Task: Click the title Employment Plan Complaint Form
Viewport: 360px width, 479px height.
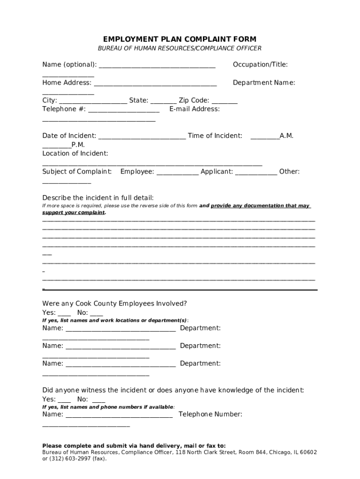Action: [x=180, y=39]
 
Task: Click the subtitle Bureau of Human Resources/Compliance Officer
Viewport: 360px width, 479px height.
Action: [x=180, y=49]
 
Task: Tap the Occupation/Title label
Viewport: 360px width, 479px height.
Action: [x=260, y=65]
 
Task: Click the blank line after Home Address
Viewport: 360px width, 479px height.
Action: [x=155, y=84]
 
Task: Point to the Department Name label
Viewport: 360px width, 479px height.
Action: [x=264, y=83]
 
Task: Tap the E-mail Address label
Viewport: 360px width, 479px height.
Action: [x=194, y=109]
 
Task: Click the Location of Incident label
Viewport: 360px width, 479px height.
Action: [x=75, y=153]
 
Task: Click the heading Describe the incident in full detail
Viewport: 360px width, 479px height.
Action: [x=98, y=197]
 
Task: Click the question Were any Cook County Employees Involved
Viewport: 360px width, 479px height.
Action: [x=115, y=304]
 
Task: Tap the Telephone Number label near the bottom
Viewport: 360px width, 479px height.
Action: [x=210, y=414]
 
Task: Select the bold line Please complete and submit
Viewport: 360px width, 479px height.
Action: [x=134, y=446]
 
